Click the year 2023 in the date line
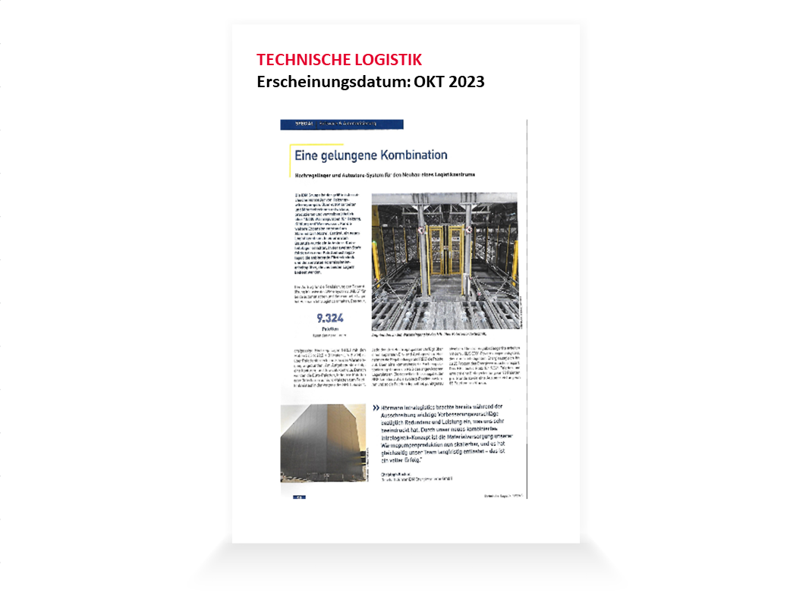(464, 82)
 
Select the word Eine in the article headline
(306, 155)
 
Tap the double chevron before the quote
(376, 409)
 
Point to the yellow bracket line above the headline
(315, 143)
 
